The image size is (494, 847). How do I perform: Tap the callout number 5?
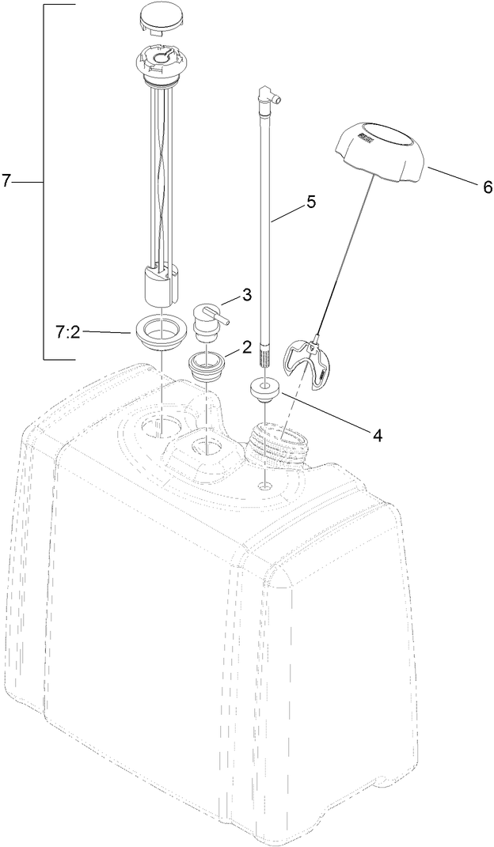coord(311,202)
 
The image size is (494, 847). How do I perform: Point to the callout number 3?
coord(247,295)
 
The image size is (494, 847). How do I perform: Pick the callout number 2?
coord(246,346)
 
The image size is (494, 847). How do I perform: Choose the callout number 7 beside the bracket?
coord(6,181)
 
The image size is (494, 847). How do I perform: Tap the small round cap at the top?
coord(161,16)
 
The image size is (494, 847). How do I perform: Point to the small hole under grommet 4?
coord(264,484)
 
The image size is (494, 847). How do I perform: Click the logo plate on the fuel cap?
coord(366,138)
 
